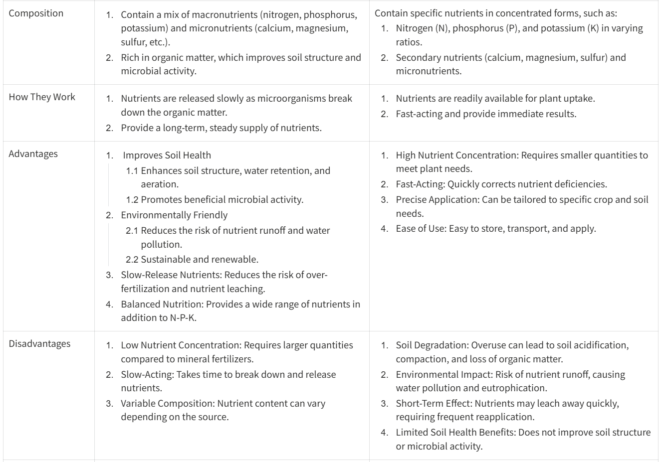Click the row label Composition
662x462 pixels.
tap(36, 13)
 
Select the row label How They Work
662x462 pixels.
tap(42, 97)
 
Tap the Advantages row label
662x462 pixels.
tap(33, 154)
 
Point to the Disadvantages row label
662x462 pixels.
tap(39, 343)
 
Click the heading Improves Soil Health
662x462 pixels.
tap(167, 155)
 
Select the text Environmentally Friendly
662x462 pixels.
tap(174, 215)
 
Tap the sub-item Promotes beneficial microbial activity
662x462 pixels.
tap(221, 200)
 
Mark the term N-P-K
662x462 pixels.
tap(183, 317)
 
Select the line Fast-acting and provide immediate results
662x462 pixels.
tap(486, 114)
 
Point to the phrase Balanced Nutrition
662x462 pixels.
tap(161, 304)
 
